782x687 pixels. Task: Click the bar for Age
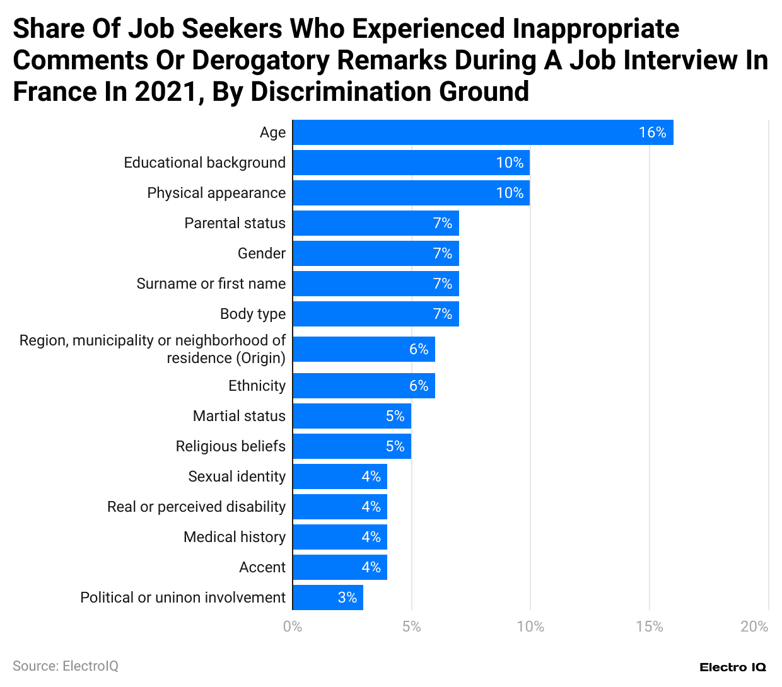coord(482,132)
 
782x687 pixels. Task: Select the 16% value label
coord(652,132)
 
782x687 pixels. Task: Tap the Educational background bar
coord(411,163)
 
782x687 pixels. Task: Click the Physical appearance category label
coord(216,193)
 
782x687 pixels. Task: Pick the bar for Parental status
coord(375,223)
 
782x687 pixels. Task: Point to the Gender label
coord(261,253)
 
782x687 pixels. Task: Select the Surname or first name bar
coord(375,284)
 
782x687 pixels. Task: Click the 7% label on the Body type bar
coord(443,314)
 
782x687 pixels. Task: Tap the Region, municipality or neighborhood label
coord(153,349)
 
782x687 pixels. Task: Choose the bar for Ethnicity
coord(363,386)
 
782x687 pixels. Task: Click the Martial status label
coord(239,416)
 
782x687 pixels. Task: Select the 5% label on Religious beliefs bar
coord(395,446)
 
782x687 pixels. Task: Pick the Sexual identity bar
coord(339,476)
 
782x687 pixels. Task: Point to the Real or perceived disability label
coord(196,507)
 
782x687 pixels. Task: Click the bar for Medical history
coord(339,537)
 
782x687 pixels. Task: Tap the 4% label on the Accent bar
coord(371,567)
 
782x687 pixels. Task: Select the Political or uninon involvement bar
coord(327,598)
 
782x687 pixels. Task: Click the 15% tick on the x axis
coord(649,626)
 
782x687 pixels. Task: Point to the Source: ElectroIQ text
coord(66,666)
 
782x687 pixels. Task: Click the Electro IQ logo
coord(732,667)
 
